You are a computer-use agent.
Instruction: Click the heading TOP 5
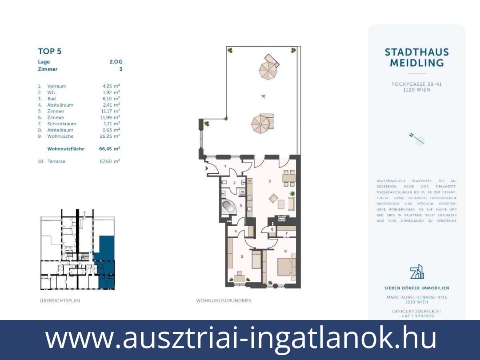(x=50, y=51)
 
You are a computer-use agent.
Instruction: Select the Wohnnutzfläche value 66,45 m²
(x=109, y=149)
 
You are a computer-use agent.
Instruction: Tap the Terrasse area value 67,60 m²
(x=109, y=161)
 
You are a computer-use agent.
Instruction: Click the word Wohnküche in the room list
(x=60, y=136)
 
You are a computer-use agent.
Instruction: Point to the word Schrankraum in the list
(x=62, y=124)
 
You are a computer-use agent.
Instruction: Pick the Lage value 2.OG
(x=116, y=62)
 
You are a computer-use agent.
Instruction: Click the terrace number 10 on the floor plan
(x=263, y=96)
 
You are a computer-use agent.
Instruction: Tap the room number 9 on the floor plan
(x=269, y=181)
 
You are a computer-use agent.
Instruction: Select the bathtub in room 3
(x=229, y=207)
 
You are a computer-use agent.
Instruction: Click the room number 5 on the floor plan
(x=242, y=256)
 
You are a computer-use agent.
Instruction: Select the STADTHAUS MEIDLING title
(x=416, y=57)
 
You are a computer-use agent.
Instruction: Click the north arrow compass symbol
(x=417, y=139)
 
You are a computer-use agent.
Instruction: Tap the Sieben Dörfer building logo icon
(x=416, y=272)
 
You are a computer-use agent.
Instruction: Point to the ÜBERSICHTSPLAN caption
(x=60, y=301)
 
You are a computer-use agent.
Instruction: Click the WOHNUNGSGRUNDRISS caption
(x=224, y=301)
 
